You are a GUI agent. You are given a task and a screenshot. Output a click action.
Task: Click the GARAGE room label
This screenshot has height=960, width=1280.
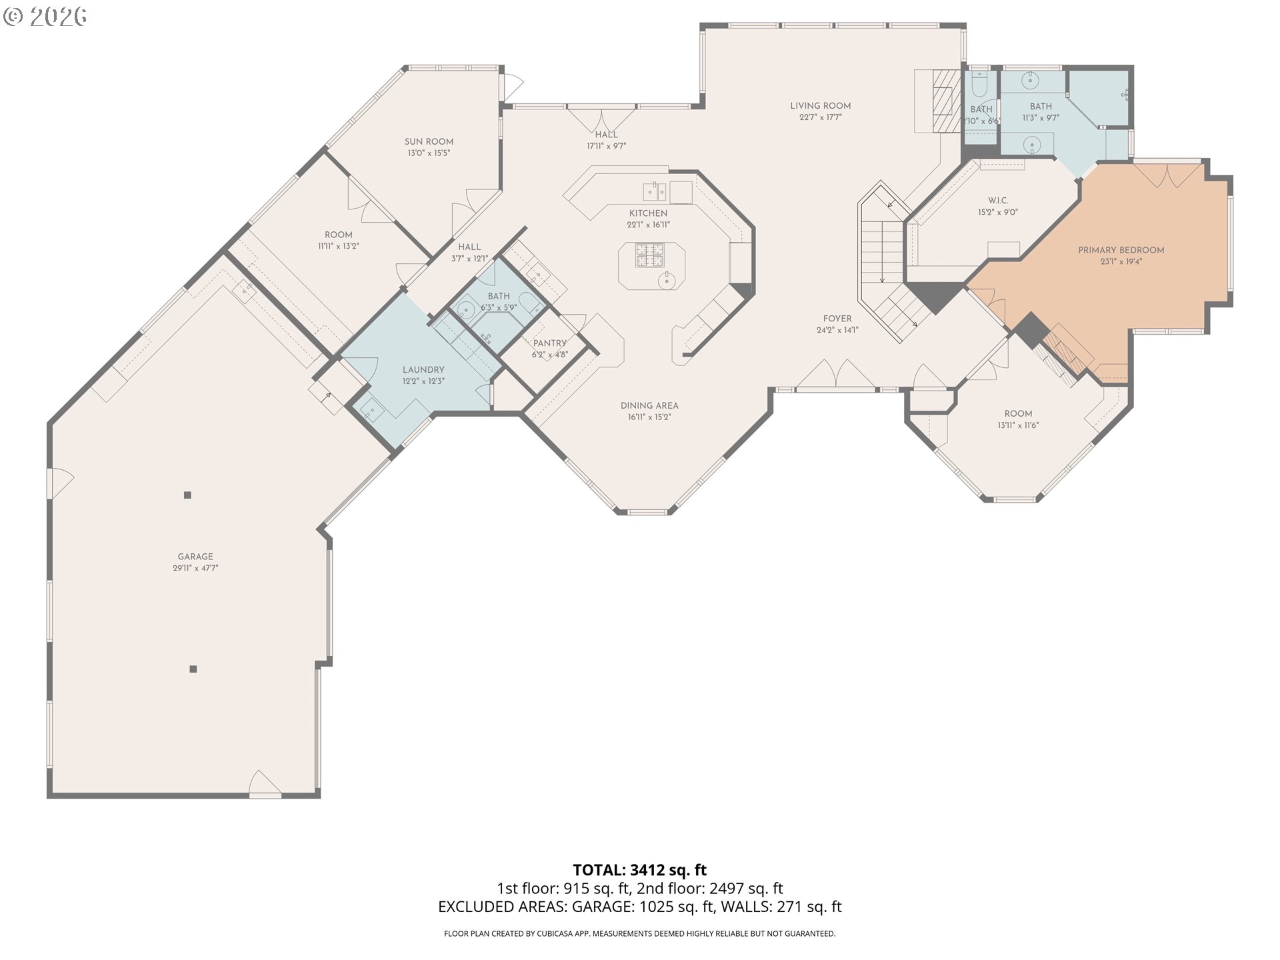click(195, 557)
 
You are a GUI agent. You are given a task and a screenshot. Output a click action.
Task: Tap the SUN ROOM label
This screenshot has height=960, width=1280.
click(429, 141)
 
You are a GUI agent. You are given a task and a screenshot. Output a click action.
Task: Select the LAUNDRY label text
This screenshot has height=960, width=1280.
click(423, 370)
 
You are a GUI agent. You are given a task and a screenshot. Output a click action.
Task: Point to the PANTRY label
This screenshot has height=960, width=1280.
click(549, 343)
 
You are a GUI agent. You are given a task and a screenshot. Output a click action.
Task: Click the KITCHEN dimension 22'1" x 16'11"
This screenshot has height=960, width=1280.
click(648, 225)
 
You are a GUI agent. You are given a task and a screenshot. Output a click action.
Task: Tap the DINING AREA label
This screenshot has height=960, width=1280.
click(649, 405)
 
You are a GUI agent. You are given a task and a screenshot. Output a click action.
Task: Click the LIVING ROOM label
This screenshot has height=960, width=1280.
click(820, 106)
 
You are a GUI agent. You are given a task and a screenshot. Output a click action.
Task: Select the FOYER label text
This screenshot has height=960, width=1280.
click(837, 319)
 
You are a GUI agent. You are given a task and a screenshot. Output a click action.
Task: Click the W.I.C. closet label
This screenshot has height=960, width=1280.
click(997, 201)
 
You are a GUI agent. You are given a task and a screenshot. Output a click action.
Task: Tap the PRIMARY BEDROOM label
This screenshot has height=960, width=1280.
click(1121, 250)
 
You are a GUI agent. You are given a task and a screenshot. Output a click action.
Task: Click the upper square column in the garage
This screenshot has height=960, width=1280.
click(187, 495)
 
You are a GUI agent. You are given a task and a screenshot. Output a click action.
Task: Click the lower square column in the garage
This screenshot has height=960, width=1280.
click(193, 669)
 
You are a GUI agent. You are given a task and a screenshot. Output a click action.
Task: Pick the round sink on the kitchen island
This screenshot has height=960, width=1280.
click(667, 281)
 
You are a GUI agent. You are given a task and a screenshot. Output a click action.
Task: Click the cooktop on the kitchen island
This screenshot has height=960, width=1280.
click(650, 255)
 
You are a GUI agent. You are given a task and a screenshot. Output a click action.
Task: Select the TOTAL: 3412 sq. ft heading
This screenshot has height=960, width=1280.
click(639, 870)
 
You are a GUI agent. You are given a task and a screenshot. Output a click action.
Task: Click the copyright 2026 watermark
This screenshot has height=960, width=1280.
click(45, 16)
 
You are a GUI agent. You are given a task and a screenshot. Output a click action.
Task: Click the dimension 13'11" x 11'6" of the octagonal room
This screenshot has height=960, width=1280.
click(1018, 425)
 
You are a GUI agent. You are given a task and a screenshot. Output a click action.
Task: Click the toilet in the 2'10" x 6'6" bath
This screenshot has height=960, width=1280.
click(979, 85)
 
